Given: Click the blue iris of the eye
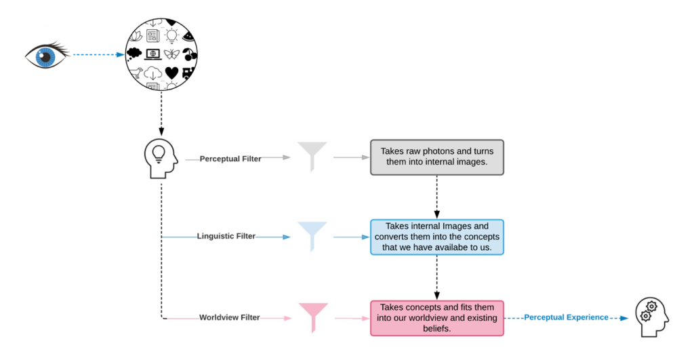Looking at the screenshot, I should tap(45, 56).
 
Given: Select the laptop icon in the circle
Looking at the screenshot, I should tap(153, 54).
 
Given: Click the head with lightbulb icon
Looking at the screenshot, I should tap(161, 159).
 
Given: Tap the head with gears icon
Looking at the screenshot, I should tap(651, 317).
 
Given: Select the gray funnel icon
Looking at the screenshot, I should tap(312, 157).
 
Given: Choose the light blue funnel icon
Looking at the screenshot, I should tap(312, 237).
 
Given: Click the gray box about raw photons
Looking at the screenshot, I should tap(437, 157).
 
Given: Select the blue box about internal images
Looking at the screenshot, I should tap(437, 237).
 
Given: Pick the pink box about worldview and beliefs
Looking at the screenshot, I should tap(437, 318).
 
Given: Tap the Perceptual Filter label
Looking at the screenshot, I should tap(230, 159).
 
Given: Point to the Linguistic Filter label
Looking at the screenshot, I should tap(226, 237).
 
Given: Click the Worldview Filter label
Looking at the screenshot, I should tap(229, 317).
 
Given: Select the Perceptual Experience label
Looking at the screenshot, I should tap(566, 317).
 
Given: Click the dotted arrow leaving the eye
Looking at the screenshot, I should tap(98, 55).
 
